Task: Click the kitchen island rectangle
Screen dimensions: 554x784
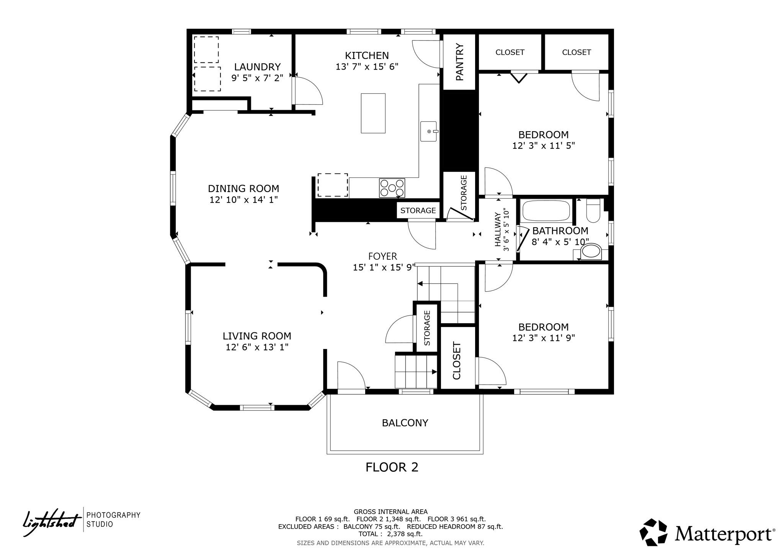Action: pyautogui.click(x=373, y=113)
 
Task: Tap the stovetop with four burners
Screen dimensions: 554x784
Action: pyautogui.click(x=392, y=188)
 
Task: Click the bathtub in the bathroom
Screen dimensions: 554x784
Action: pyautogui.click(x=546, y=211)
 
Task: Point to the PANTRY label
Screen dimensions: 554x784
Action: pyautogui.click(x=459, y=62)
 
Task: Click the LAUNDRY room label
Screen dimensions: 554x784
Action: pyautogui.click(x=257, y=67)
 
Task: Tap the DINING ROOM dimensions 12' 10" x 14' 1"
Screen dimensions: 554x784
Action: pyautogui.click(x=243, y=200)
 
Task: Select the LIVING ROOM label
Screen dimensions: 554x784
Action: pyautogui.click(x=257, y=336)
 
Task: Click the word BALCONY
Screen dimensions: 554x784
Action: pyautogui.click(x=405, y=423)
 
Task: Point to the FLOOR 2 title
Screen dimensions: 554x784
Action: pyautogui.click(x=392, y=467)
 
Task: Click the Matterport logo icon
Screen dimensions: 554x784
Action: pyautogui.click(x=653, y=532)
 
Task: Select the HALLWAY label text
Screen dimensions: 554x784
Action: pyautogui.click(x=498, y=230)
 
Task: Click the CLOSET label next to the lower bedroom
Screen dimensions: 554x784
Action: pyautogui.click(x=457, y=360)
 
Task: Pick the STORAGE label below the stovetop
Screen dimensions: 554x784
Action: pyautogui.click(x=418, y=210)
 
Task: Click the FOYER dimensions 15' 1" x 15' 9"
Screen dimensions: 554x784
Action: pyautogui.click(x=384, y=267)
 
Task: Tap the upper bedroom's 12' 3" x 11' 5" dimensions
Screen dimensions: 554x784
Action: pyautogui.click(x=543, y=146)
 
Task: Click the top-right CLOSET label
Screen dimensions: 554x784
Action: pyautogui.click(x=576, y=52)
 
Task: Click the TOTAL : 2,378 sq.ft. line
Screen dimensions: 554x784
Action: pyautogui.click(x=390, y=534)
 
